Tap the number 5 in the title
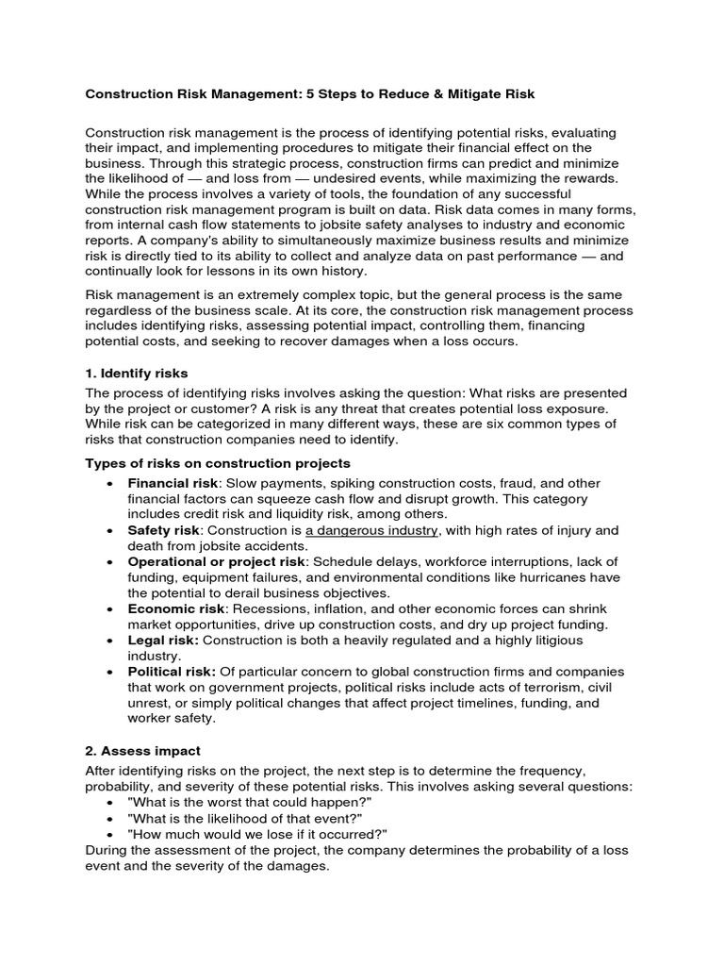(x=336, y=95)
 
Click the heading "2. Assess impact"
(x=143, y=751)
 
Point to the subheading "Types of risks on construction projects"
(x=218, y=463)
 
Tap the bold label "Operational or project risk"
(x=217, y=561)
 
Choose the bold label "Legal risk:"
(x=164, y=641)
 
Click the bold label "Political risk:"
(x=173, y=672)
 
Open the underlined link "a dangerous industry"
(x=371, y=530)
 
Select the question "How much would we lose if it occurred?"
(x=257, y=834)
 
